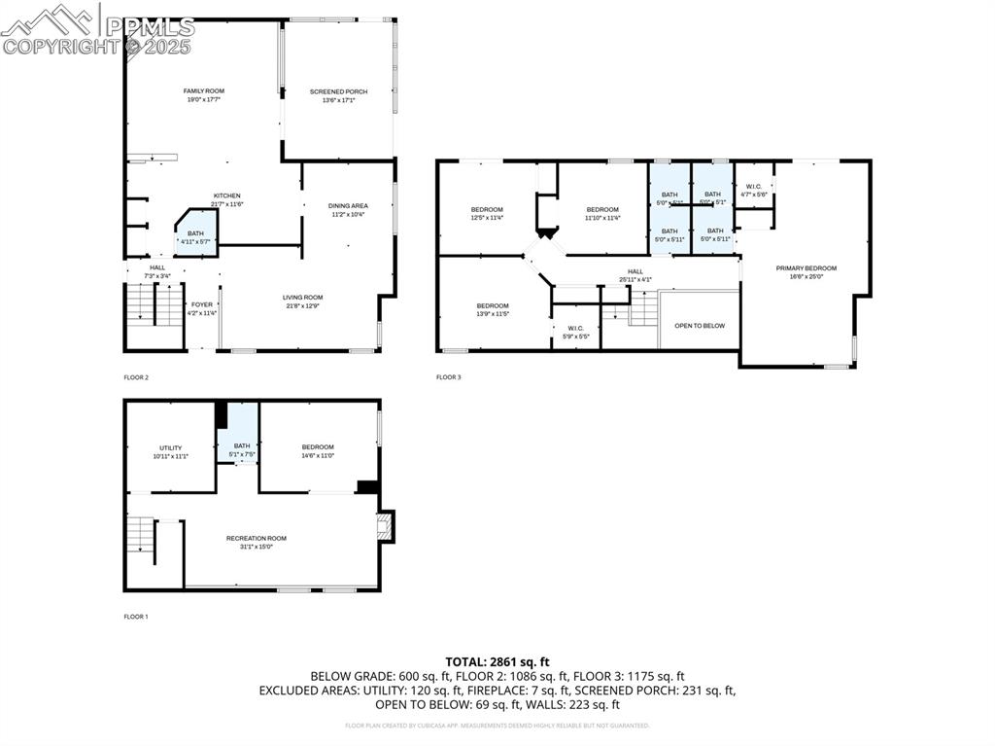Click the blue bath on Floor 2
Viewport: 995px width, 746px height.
point(196,235)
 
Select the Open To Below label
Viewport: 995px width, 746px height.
point(700,326)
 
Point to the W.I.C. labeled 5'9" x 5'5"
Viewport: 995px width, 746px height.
point(574,329)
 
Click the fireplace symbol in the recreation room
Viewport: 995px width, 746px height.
point(384,527)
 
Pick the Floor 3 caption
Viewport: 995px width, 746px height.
point(448,377)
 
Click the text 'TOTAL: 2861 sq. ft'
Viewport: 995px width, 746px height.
point(497,661)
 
